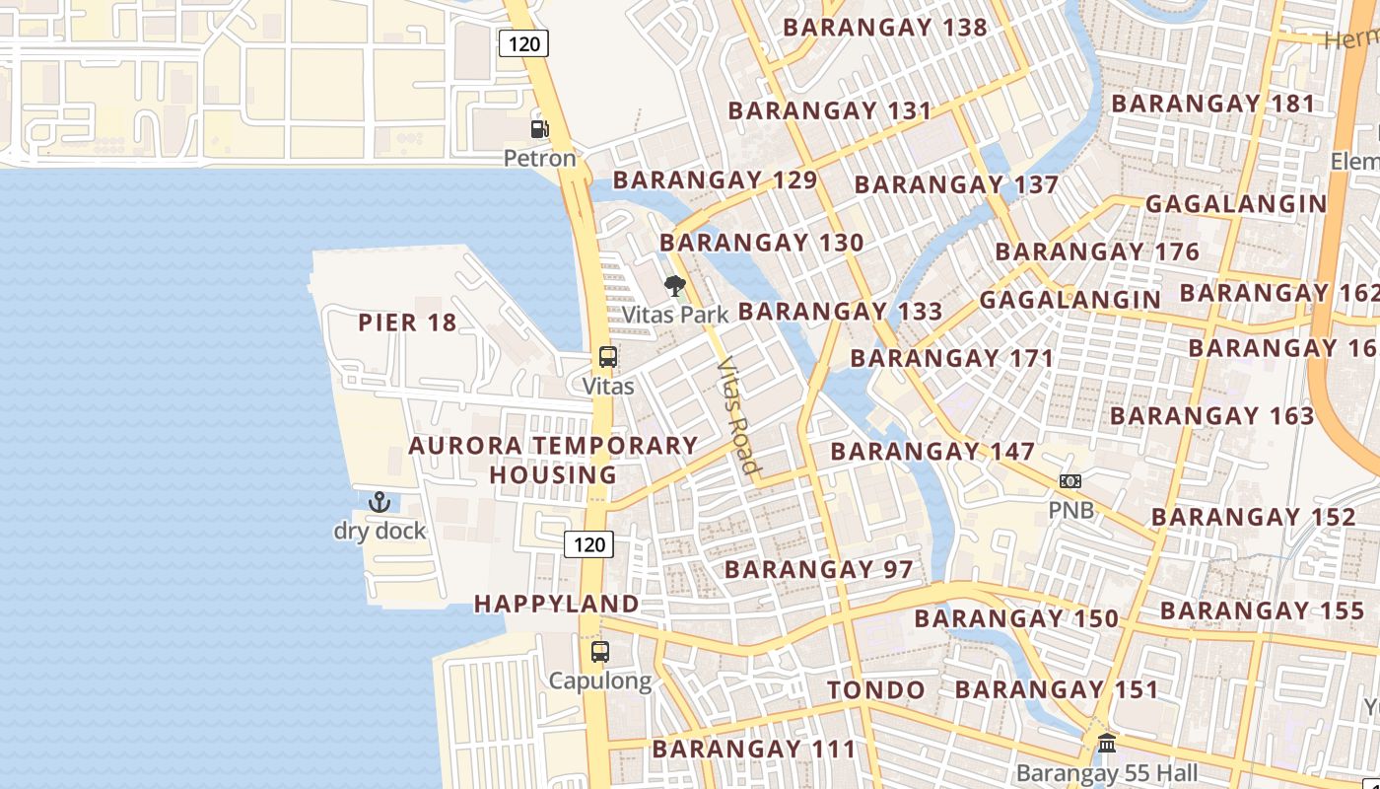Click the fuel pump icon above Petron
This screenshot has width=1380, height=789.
(539, 128)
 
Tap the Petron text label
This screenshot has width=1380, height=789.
(539, 158)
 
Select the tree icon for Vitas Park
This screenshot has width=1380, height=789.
(675, 287)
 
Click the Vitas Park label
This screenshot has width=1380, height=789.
(675, 315)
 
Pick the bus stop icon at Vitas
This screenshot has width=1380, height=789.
(608, 357)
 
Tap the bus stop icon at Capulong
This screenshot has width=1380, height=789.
(599, 652)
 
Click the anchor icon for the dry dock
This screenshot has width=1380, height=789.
(379, 502)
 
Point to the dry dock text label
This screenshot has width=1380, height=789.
(379, 531)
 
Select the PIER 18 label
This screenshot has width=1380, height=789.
(407, 323)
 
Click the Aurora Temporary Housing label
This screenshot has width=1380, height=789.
(553, 460)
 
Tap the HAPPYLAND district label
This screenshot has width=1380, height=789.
(557, 604)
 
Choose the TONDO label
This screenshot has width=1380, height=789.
(876, 690)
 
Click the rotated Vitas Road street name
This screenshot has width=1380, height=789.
(738, 416)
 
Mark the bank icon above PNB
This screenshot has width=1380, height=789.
(1070, 481)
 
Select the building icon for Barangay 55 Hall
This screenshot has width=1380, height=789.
(1107, 743)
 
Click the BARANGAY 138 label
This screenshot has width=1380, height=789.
(884, 28)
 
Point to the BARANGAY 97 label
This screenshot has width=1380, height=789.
(819, 569)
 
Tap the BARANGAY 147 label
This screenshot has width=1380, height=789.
(932, 452)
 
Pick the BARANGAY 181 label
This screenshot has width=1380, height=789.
(1213, 104)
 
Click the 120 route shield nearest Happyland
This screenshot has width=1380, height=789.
(589, 543)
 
